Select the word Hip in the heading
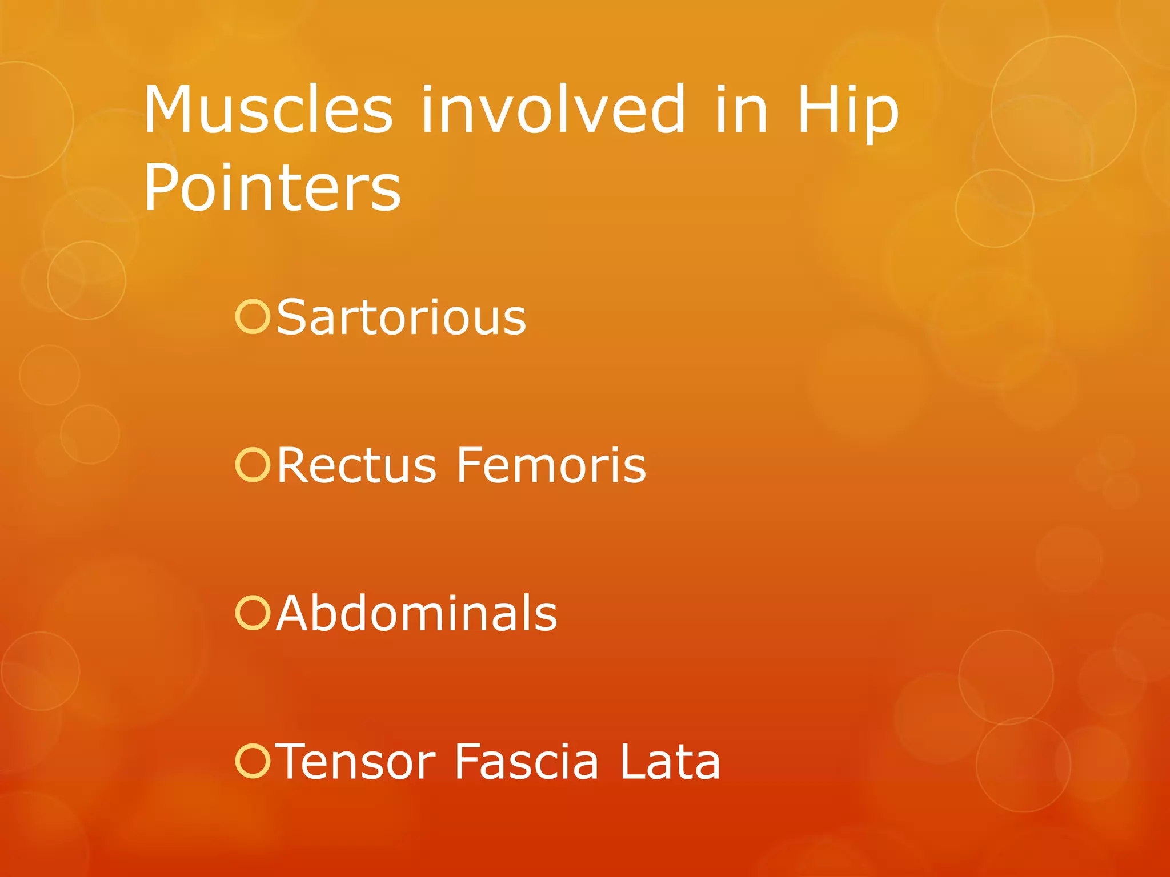tap(847, 112)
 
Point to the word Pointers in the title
tap(272, 187)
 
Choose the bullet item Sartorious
tap(401, 317)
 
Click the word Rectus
tap(356, 465)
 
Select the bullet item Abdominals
tap(416, 613)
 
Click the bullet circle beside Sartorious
tap(252, 317)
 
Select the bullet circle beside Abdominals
tap(252, 613)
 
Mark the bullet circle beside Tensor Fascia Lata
tap(252, 761)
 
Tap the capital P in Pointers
tap(159, 187)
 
